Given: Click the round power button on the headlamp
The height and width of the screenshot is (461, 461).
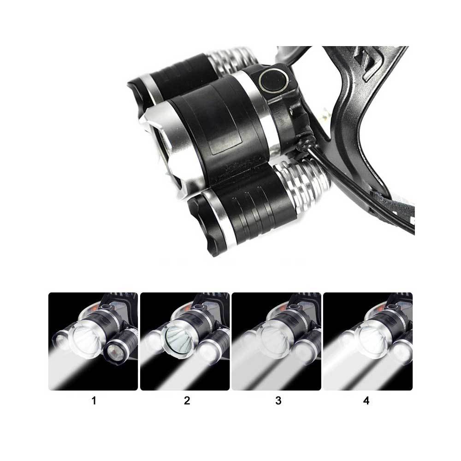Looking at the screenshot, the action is click(x=273, y=81).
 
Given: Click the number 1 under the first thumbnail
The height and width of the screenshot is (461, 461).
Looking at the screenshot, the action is click(x=94, y=401).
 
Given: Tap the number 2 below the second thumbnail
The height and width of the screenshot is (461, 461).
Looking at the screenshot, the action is click(x=187, y=401).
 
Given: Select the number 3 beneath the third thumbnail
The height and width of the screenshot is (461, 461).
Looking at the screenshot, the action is click(x=278, y=401).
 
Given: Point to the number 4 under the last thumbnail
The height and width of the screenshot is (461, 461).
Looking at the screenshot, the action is click(x=366, y=401).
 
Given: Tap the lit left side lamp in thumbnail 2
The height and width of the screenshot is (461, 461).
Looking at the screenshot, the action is click(x=154, y=341).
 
